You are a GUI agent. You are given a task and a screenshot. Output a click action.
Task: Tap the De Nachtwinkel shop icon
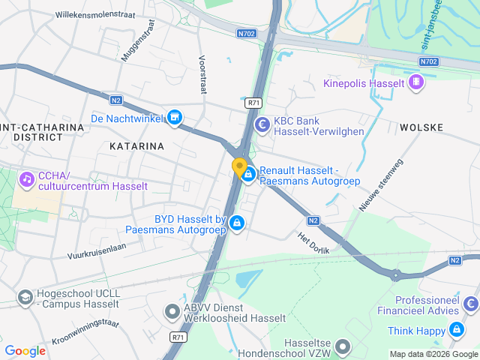point(175,118)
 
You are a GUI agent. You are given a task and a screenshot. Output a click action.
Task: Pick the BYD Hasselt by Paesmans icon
point(237,223)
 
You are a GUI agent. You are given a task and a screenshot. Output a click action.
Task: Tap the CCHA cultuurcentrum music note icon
point(27,179)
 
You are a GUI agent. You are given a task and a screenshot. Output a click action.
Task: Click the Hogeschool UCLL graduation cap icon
point(25,297)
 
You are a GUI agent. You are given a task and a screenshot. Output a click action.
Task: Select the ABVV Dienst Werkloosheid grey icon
point(172,310)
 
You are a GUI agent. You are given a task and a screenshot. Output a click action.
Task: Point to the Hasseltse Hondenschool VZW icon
point(343,346)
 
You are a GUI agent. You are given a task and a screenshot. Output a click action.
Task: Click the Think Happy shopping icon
point(456,331)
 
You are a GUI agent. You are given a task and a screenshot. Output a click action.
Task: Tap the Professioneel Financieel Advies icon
point(471,304)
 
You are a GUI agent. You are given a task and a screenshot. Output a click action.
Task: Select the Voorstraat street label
point(202,73)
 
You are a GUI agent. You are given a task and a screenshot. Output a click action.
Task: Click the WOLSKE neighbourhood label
point(421,127)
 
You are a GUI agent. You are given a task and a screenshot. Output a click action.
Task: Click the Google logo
point(25,350)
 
